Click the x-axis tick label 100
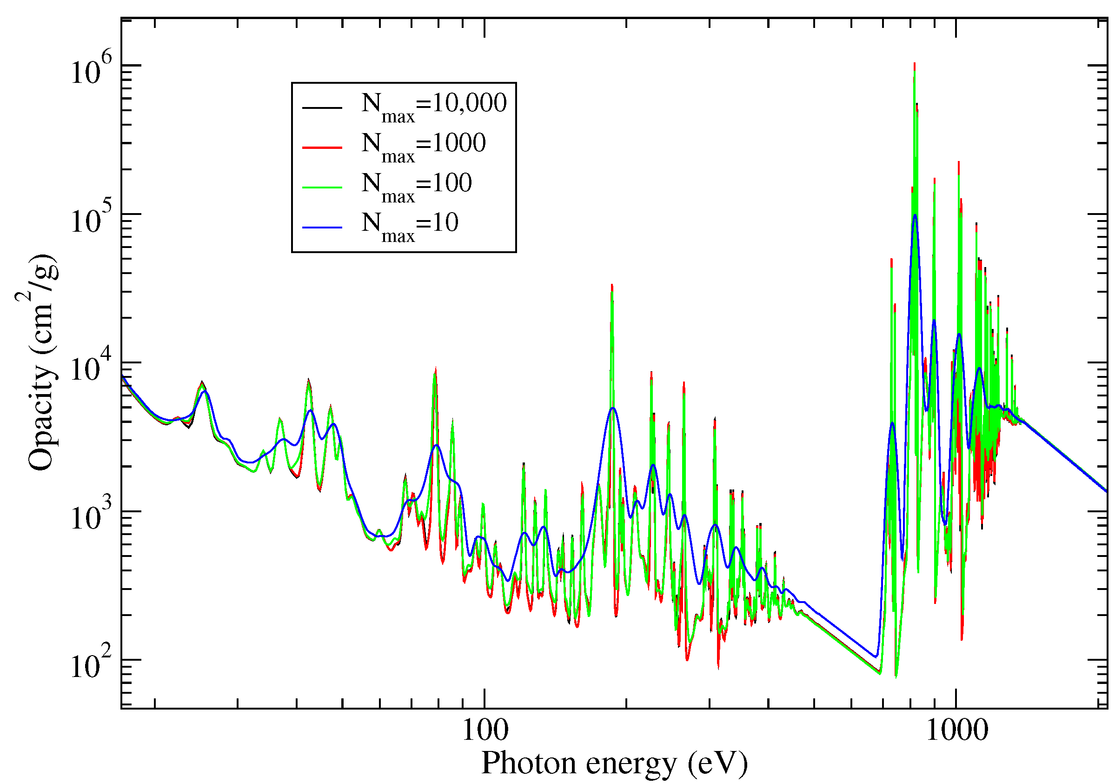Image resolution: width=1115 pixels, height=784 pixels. pyautogui.click(x=484, y=730)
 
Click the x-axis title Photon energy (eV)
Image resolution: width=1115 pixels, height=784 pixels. pyautogui.click(x=614, y=763)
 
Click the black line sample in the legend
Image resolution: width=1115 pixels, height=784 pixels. pyautogui.click(x=322, y=107)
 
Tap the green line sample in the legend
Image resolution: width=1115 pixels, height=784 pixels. pyautogui.click(x=322, y=187)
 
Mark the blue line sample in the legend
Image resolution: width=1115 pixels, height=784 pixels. pyautogui.click(x=322, y=227)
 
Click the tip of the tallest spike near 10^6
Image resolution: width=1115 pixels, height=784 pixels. pyautogui.click(x=915, y=63)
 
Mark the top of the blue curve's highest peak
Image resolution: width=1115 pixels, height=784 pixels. pyautogui.click(x=915, y=215)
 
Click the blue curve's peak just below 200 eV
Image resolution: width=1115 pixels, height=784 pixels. pyautogui.click(x=613, y=408)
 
